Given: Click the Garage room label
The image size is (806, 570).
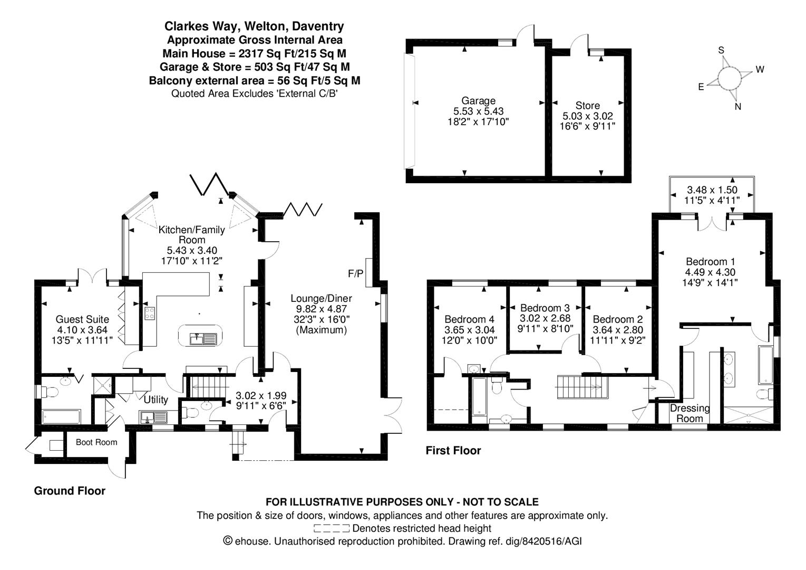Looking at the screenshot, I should pyautogui.click(x=478, y=101).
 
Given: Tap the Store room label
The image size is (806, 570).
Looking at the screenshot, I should pyautogui.click(x=587, y=106).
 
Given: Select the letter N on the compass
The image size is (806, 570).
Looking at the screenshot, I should pyautogui.click(x=738, y=107).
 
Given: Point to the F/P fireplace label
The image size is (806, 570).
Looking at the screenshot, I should pyautogui.click(x=355, y=273).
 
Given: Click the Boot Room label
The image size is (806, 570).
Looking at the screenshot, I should pyautogui.click(x=96, y=442).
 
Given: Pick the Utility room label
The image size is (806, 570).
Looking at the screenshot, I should pyautogui.click(x=156, y=400).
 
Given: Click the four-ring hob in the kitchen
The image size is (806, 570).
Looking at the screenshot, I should pyautogui.click(x=150, y=313).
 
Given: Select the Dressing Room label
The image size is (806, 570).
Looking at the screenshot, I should pyautogui.click(x=690, y=413).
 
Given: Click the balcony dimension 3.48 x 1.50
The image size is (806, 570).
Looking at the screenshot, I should pyautogui.click(x=712, y=190).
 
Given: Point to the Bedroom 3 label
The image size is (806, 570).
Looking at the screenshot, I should pyautogui.click(x=545, y=308).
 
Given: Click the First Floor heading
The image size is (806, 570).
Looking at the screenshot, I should pyautogui.click(x=453, y=450).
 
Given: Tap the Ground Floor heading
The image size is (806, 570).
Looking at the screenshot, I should pyautogui.click(x=70, y=491).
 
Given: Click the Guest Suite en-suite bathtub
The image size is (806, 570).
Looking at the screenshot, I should pyautogui.click(x=61, y=416).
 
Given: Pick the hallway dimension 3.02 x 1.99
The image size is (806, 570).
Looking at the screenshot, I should pyautogui.click(x=261, y=396).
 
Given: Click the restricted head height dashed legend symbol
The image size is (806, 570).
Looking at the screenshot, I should pyautogui.click(x=331, y=528).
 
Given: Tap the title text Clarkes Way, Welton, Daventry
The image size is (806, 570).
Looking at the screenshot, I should pyautogui.click(x=254, y=26).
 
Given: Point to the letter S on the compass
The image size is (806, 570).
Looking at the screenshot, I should pyautogui.click(x=721, y=51).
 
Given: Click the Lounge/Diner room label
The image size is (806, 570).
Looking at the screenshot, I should pyautogui.click(x=321, y=299).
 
